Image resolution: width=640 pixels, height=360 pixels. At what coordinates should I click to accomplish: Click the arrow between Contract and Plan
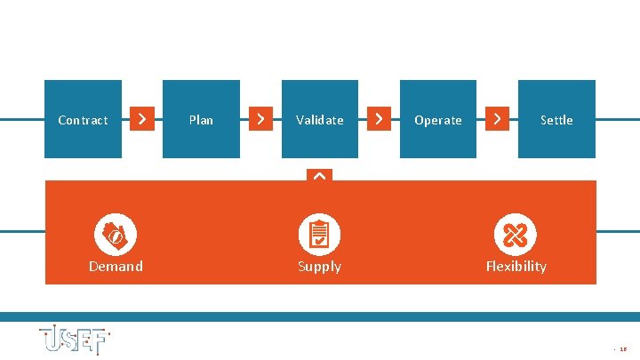click(142, 118)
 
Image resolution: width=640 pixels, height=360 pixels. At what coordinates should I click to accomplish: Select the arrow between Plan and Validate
click(260, 118)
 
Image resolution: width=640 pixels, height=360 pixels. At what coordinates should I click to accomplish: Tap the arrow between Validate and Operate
click(380, 118)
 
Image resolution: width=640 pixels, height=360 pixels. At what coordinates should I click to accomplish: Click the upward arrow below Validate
click(319, 176)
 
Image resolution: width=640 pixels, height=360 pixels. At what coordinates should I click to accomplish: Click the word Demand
click(116, 267)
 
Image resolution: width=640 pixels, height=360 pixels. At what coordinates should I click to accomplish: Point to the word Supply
click(319, 267)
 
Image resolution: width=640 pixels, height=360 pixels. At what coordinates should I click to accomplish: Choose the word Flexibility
click(516, 267)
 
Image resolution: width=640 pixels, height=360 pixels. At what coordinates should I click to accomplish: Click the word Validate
click(320, 120)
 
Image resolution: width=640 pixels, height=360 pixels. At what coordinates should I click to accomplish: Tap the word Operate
click(438, 120)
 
